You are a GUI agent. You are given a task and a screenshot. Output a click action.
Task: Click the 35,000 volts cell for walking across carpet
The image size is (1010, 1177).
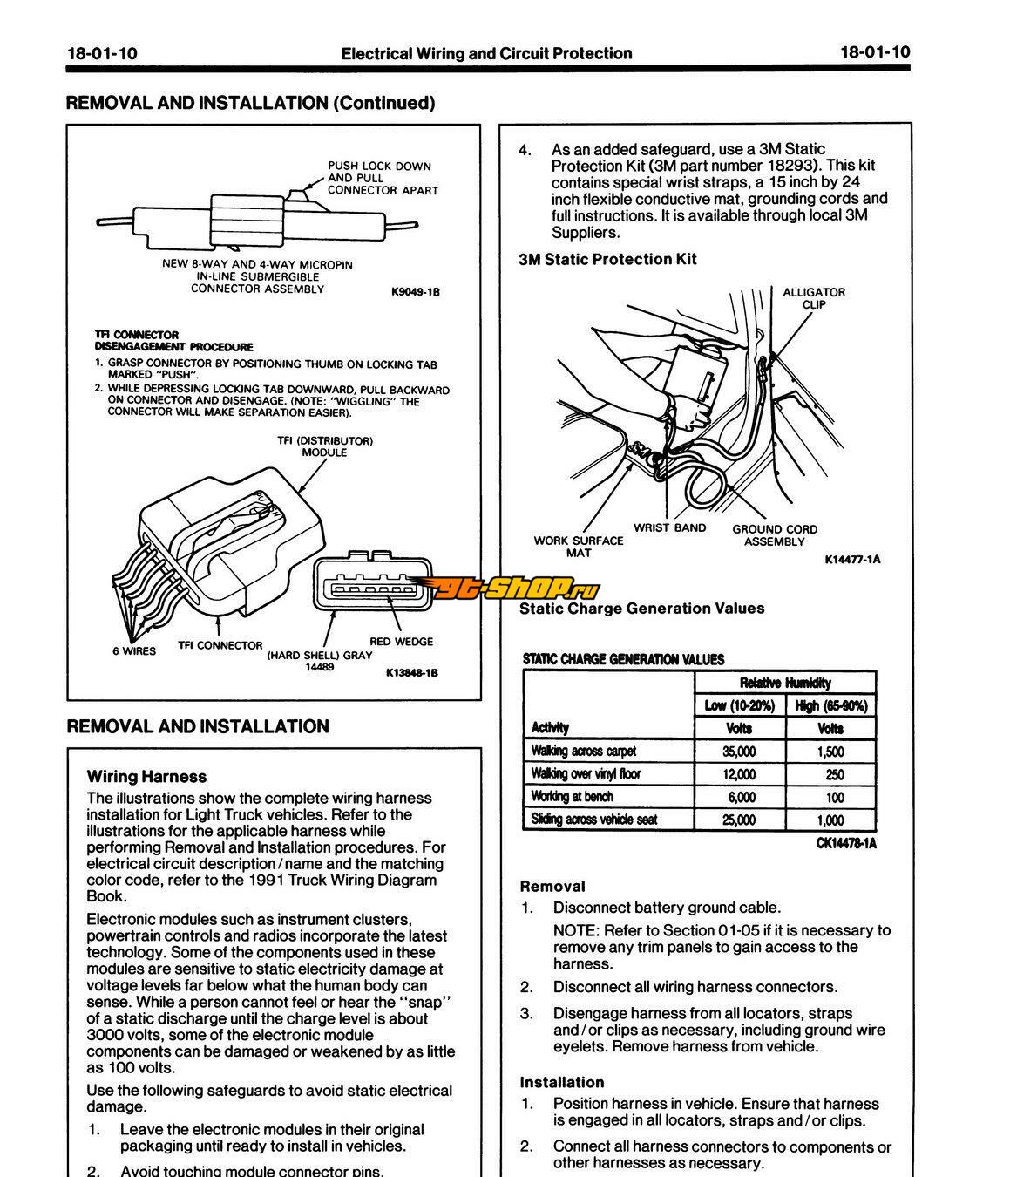[739, 752]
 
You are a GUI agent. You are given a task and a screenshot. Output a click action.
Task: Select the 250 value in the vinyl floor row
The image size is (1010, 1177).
[834, 774]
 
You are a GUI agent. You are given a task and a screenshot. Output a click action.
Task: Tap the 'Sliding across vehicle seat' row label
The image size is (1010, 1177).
[594, 820]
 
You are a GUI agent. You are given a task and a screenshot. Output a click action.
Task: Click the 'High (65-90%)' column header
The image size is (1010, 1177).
[831, 705]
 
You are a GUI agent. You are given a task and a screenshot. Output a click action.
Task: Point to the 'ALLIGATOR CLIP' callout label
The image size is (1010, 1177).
[813, 298]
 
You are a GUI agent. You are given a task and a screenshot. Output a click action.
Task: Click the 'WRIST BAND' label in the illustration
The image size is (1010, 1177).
[669, 527]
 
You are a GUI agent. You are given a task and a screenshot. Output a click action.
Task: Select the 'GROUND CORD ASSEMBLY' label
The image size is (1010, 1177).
[775, 535]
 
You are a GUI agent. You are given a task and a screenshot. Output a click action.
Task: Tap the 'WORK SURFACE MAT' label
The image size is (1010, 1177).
[579, 547]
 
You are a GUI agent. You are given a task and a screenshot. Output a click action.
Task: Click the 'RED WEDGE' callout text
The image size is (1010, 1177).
[401, 642]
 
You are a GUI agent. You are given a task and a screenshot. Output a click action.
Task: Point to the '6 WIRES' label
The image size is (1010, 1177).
[134, 651]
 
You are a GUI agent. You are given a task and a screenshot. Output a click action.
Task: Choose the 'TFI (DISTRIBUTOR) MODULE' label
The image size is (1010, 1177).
[325, 446]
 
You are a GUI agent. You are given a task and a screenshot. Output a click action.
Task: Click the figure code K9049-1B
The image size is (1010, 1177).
[415, 292]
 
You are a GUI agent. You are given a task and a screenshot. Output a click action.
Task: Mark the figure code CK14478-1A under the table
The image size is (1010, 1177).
[845, 843]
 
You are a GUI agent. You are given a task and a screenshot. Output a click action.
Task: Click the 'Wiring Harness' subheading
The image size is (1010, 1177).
[146, 777]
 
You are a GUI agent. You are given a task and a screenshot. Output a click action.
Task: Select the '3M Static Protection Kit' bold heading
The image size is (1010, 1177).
[607, 259]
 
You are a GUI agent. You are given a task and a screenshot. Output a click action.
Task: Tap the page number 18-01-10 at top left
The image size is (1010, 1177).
[102, 53]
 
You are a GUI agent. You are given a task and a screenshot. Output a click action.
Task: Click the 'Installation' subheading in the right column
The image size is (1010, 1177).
[561, 1082]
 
